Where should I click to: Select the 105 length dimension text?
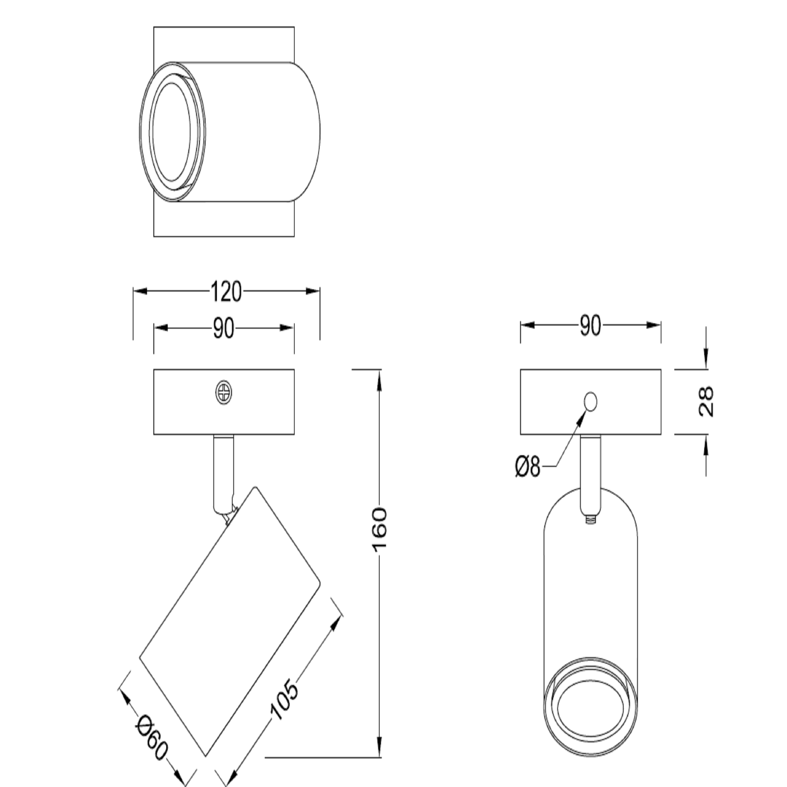click(284, 699)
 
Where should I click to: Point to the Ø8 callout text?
click(528, 467)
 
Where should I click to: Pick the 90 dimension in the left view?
click(224, 328)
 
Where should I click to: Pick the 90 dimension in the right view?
click(590, 325)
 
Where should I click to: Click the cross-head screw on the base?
click(224, 393)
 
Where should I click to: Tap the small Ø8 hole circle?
click(590, 402)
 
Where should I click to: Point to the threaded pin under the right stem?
click(590, 519)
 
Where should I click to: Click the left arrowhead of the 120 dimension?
click(140, 291)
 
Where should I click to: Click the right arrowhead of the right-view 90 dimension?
click(654, 325)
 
